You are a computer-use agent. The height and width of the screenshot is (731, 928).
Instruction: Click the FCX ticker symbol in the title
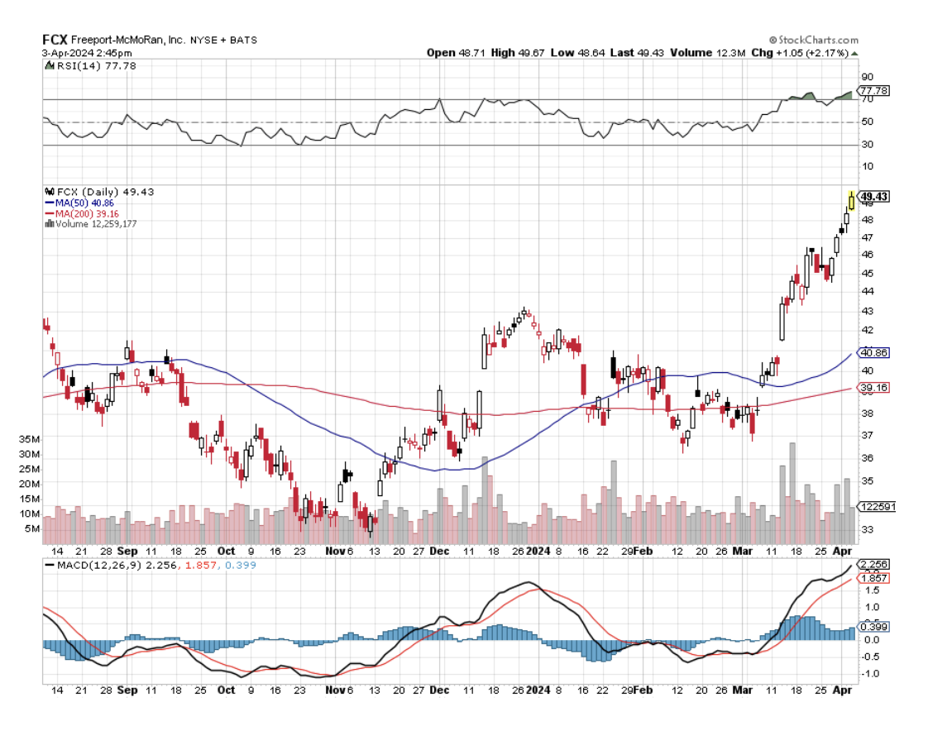[x=55, y=39]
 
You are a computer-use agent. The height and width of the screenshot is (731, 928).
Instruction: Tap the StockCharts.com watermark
[x=813, y=40]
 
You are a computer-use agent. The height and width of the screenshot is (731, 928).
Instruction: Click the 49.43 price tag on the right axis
[x=874, y=196]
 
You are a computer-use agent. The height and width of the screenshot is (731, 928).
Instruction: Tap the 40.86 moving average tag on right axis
[x=874, y=352]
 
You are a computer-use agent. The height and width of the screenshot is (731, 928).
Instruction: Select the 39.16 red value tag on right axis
[x=874, y=387]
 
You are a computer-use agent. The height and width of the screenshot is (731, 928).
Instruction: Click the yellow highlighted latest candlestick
[x=851, y=200]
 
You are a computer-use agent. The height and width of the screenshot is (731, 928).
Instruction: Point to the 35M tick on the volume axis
[x=31, y=438]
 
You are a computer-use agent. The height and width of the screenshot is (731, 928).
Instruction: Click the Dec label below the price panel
[x=440, y=551]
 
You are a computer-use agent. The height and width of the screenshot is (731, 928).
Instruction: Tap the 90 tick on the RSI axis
[x=868, y=76]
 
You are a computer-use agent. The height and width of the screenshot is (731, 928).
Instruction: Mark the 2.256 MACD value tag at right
[x=874, y=565]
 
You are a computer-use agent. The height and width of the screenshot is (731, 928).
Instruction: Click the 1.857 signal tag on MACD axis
[x=874, y=578]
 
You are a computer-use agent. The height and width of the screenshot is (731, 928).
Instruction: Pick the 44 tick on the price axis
[x=867, y=291]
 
